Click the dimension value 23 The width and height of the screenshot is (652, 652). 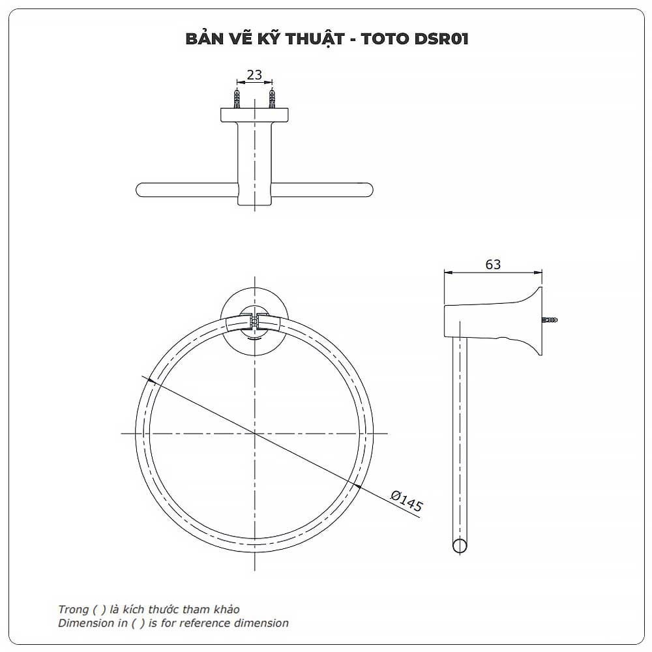(x=254, y=75)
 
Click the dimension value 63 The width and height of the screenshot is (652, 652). (x=493, y=265)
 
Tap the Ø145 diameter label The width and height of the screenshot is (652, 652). (x=407, y=501)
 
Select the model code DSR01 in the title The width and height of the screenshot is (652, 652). (x=441, y=38)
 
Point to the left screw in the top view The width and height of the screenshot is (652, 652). (x=237, y=98)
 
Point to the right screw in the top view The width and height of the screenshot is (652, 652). (x=272, y=98)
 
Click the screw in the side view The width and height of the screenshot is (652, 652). (x=550, y=320)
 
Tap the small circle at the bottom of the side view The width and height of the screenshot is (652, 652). (x=460, y=546)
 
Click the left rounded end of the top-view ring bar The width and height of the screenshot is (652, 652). (x=140, y=190)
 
